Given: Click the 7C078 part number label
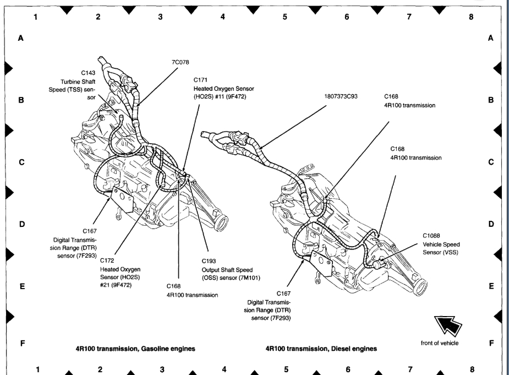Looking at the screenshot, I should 180,63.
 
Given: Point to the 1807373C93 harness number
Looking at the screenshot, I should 341,96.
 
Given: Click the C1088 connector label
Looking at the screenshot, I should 432,235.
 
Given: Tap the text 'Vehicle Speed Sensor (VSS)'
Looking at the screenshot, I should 441,248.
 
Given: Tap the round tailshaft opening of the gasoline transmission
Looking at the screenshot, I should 223,222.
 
